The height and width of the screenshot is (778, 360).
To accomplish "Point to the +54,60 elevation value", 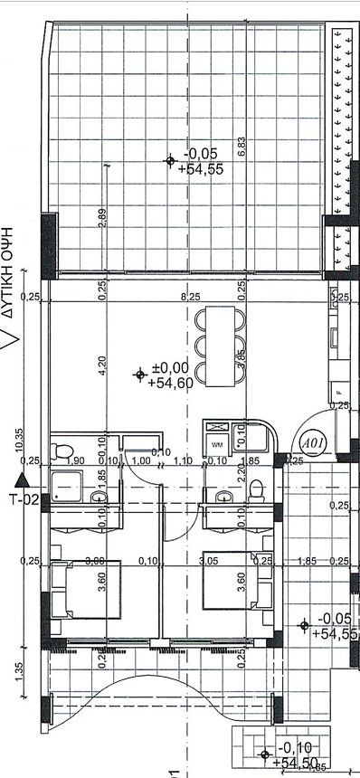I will click(168, 383).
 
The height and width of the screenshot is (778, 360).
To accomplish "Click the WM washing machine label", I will click(217, 445).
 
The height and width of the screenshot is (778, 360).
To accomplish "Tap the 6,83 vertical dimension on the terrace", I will click(241, 147).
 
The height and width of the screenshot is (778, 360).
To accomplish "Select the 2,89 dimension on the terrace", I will click(104, 219).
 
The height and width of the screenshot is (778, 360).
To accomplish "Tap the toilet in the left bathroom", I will click(62, 451).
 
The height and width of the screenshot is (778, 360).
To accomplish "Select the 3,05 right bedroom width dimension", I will click(207, 561).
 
